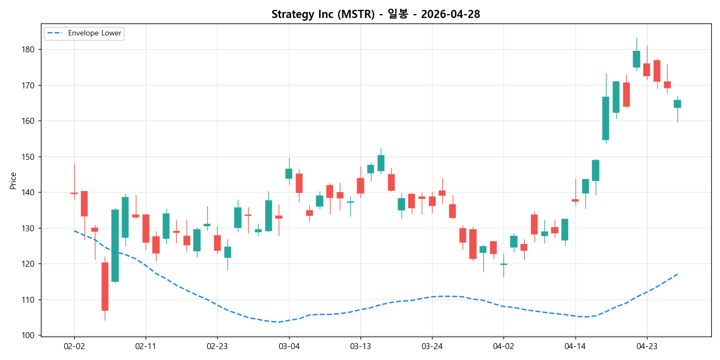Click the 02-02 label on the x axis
tap(74, 346)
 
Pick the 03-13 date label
tap(360, 346)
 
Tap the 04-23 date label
tap(646, 346)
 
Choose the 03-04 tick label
tap(289, 346)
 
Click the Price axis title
tap(13, 181)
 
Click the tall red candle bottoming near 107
tap(105, 286)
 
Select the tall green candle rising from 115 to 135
tap(115, 245)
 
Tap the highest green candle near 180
tap(636, 59)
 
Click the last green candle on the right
tap(677, 104)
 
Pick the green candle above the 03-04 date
tap(289, 173)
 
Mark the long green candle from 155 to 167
tap(605, 118)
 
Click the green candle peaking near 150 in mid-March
tap(381, 163)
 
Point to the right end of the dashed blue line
tap(677, 274)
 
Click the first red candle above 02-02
tap(74, 193)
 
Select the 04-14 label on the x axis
tap(575, 346)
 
